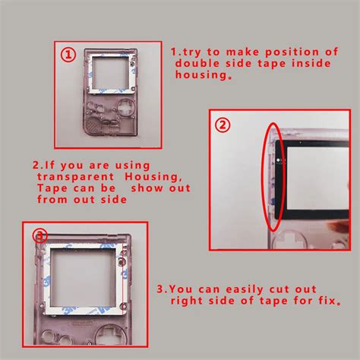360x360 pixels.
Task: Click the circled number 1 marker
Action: (68, 55)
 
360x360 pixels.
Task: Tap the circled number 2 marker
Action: (223, 125)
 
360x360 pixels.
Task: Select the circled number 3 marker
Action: (40, 235)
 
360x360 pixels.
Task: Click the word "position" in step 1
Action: (292, 52)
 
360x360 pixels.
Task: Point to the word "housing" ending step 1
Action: (204, 75)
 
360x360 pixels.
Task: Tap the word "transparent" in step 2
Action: (76, 177)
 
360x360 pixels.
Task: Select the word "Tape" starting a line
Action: (52, 188)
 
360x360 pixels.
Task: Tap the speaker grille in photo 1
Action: (93, 125)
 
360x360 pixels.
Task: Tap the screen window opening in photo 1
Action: (109, 73)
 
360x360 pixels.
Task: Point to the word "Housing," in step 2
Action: (153, 177)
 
